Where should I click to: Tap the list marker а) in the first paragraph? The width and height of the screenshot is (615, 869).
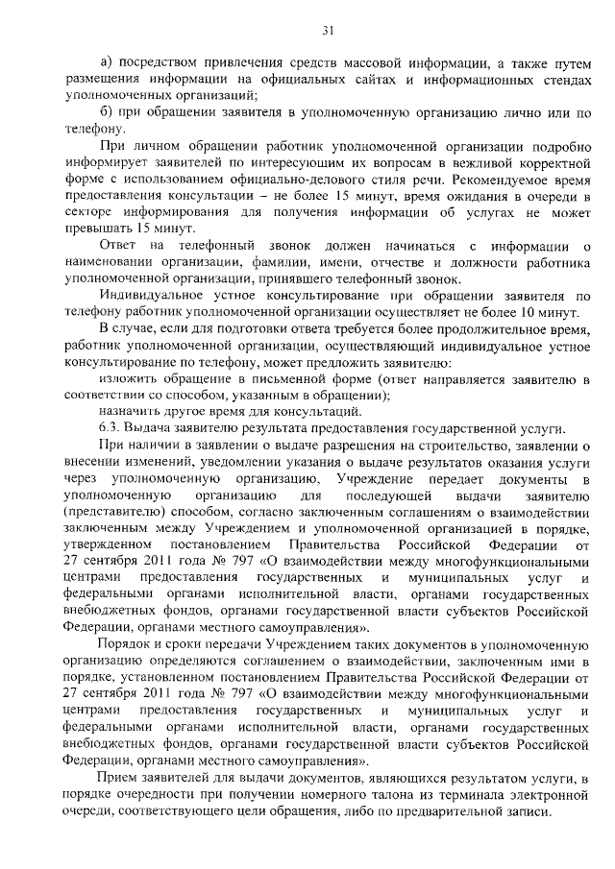click(107, 64)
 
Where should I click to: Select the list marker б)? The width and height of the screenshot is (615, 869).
click(107, 113)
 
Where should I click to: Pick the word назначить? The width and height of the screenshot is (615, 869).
click(134, 410)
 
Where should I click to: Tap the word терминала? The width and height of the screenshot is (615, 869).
click(439, 791)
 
